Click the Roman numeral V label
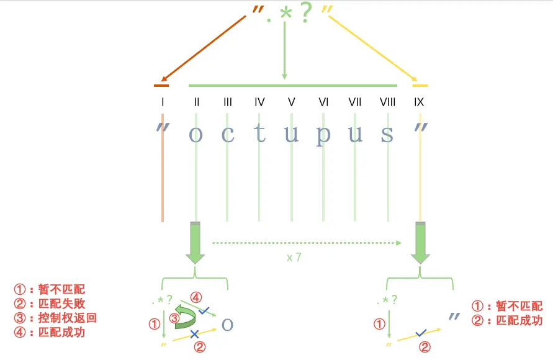291,102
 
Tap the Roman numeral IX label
419,102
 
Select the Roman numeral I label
162,102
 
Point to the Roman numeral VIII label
387,102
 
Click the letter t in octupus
259,133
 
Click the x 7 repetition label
294,257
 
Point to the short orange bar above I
161,85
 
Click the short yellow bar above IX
420,85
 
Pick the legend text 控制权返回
61,318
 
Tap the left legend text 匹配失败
61,304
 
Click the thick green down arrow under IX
421,243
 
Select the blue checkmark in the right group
421,333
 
